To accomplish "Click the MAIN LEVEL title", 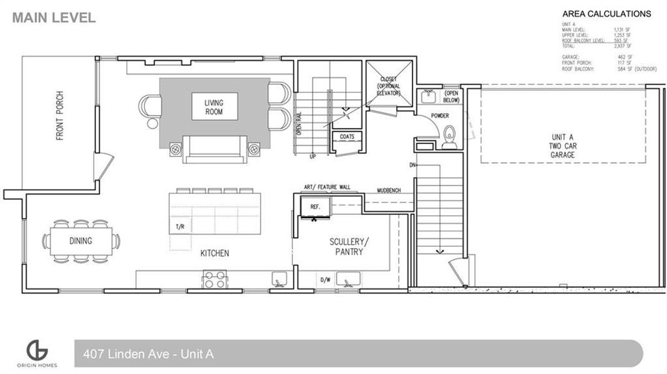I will click(54, 17).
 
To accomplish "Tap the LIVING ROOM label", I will click(213, 107).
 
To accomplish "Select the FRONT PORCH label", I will click(60, 116).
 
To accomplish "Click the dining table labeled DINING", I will click(82, 241).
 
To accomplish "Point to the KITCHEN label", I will click(214, 254).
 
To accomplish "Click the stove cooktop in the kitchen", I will click(214, 279).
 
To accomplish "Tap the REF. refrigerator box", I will click(315, 206).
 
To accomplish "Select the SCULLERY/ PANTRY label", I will click(345, 247).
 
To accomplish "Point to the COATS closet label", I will click(347, 136).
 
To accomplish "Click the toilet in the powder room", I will click(449, 138).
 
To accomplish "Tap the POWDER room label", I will click(440, 116).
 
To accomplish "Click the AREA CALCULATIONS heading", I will click(606, 14).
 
